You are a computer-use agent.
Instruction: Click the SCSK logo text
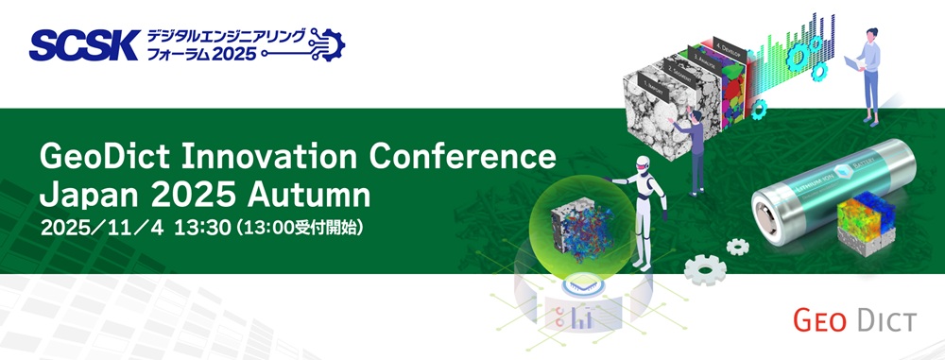click(x=85, y=43)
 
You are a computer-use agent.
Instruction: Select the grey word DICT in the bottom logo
click(x=884, y=322)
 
